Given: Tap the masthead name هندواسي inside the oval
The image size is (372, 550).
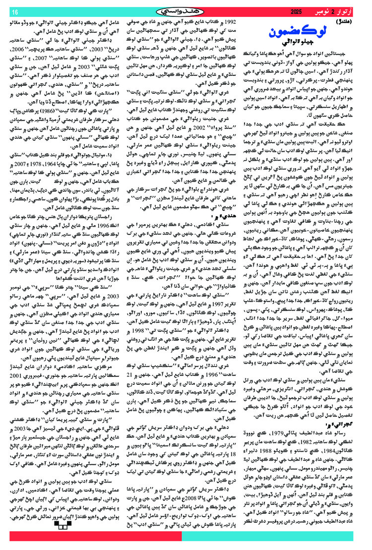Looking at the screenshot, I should point(186,11).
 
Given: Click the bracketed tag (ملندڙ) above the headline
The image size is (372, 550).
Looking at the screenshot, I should point(354,22).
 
